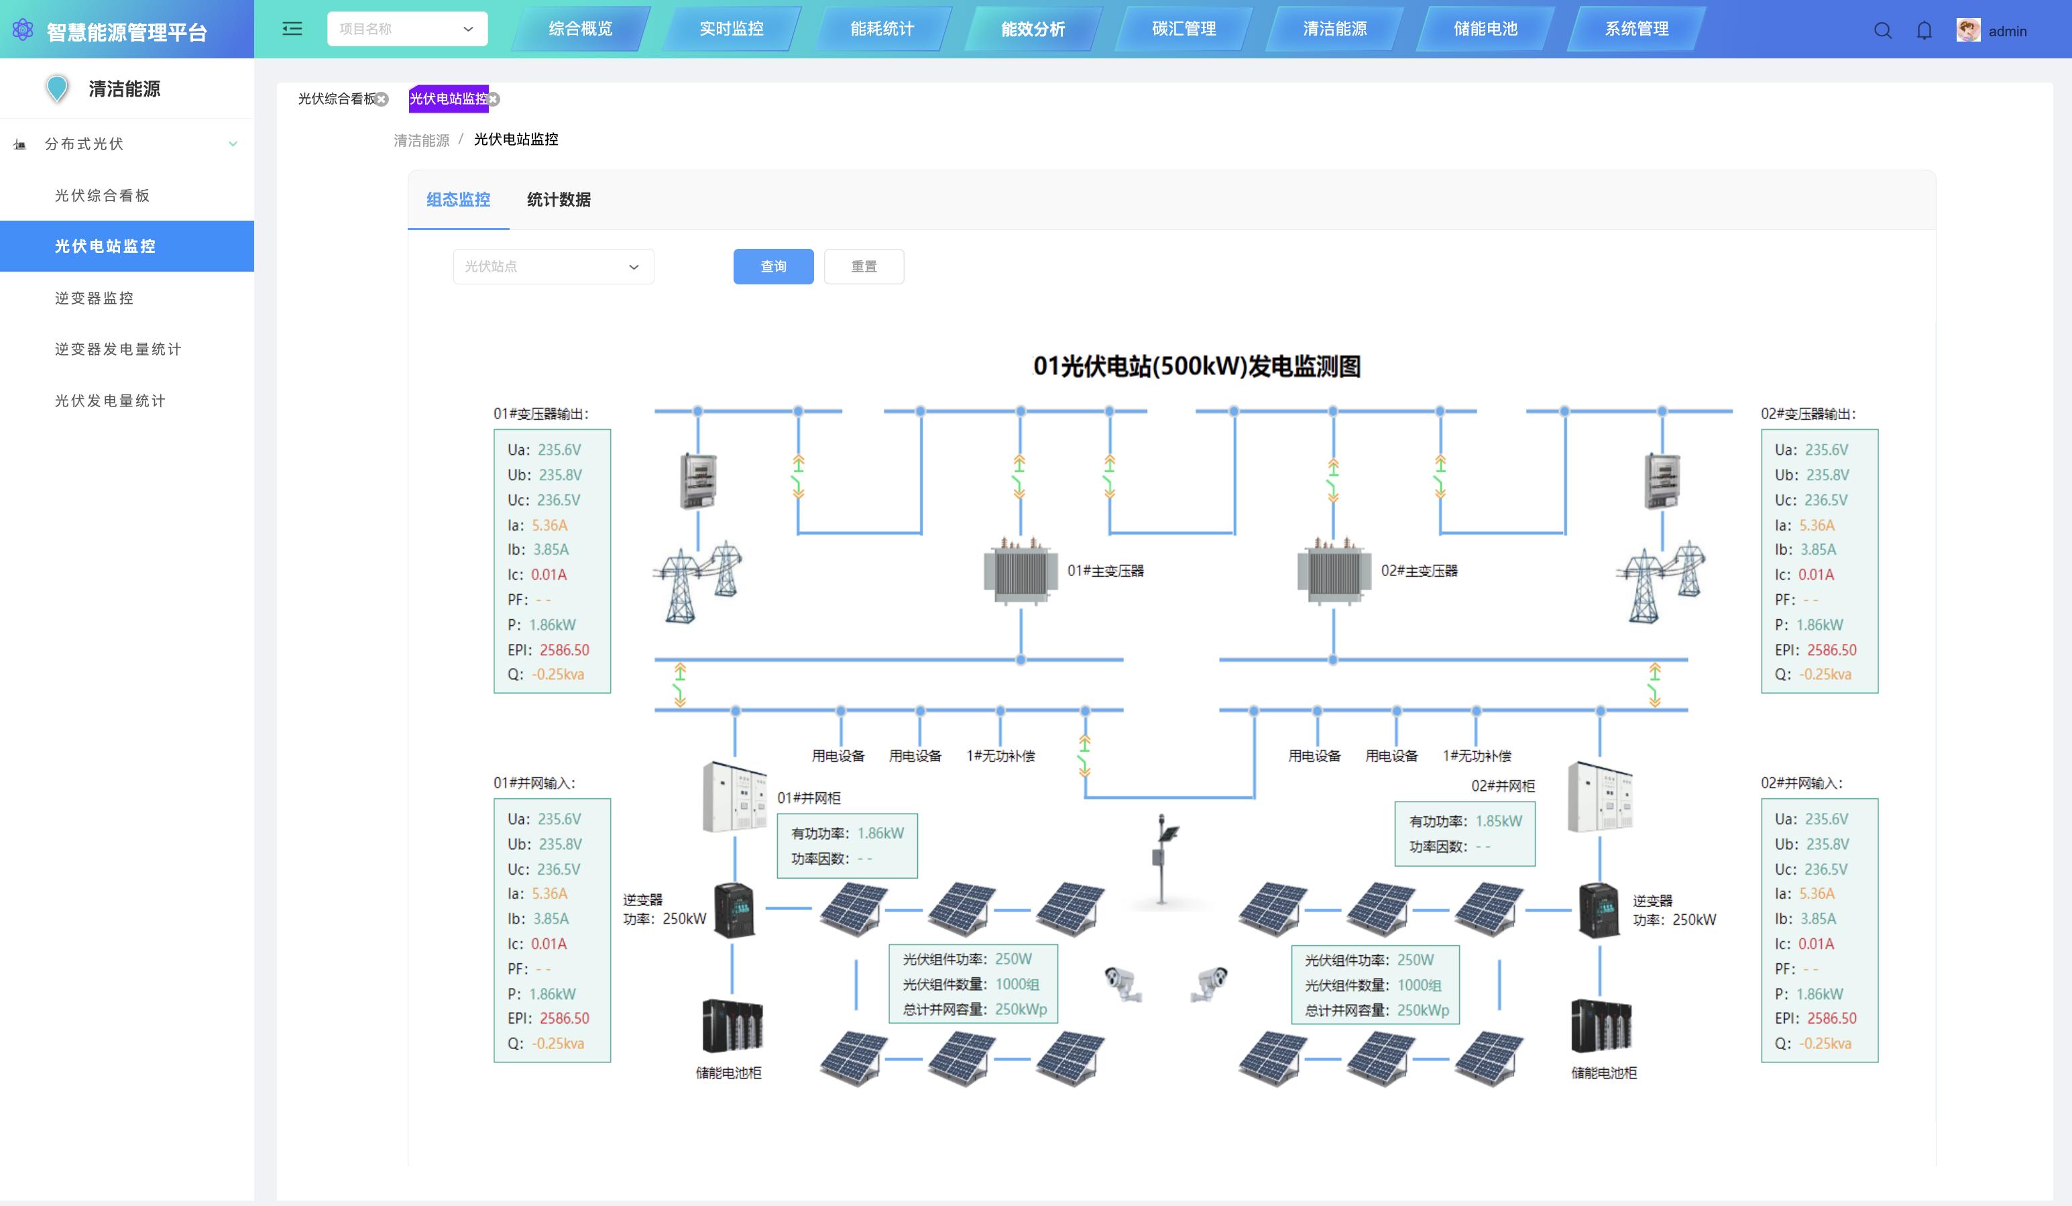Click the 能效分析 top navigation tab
click(x=1033, y=29)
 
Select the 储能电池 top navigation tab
click(x=1485, y=29)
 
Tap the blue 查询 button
click(x=773, y=266)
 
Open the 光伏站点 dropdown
click(x=553, y=266)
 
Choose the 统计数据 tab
click(x=559, y=199)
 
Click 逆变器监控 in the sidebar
click(x=95, y=298)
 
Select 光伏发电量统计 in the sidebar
click(x=110, y=400)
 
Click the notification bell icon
click(x=1924, y=30)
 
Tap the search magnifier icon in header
click(x=1882, y=30)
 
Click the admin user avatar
click(x=1967, y=30)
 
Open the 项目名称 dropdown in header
click(x=407, y=29)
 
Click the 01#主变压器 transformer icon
click(x=1019, y=571)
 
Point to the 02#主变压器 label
click(x=1418, y=570)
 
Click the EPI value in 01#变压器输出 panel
click(x=564, y=650)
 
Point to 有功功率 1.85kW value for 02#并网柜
click(x=1498, y=821)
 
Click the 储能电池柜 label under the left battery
click(x=728, y=1073)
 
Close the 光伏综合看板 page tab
click(x=382, y=99)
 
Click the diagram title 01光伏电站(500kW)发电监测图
click(x=1196, y=366)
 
